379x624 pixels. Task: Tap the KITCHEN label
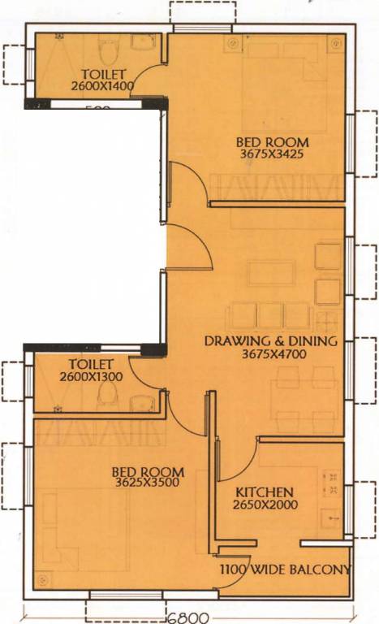[x=264, y=492]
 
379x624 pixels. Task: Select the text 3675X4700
[x=271, y=353]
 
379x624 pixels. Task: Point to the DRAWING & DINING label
[x=270, y=340]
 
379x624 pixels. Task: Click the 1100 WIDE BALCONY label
[x=285, y=569]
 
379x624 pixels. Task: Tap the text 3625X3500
[x=147, y=483]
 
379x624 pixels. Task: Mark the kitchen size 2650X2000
[x=266, y=505]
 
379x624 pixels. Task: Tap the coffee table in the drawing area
[x=271, y=273]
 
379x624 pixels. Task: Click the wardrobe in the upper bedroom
[x=273, y=188]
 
